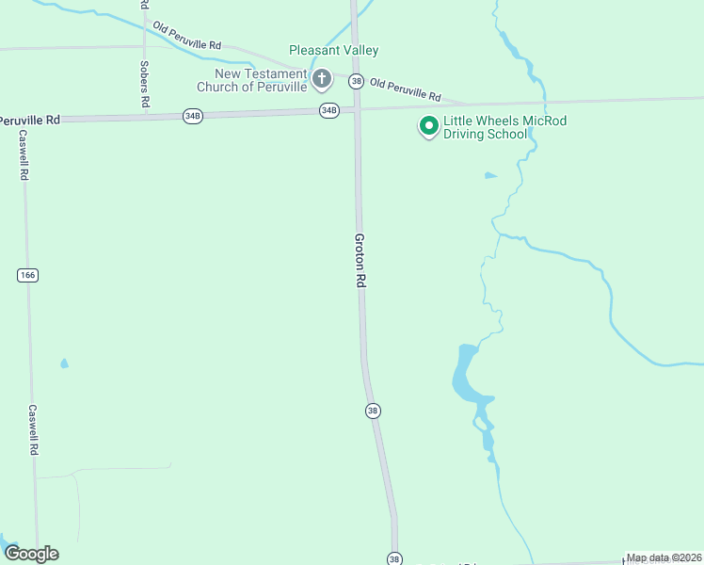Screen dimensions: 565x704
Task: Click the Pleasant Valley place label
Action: coord(333,50)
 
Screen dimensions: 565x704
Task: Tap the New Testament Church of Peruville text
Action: coord(251,80)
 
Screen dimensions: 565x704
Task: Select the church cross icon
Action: coord(322,78)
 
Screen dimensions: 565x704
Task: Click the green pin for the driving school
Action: coord(428,125)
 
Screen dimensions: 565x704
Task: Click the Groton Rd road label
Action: coord(360,261)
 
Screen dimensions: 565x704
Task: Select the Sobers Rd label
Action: coord(144,84)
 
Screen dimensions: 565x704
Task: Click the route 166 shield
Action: coord(26,275)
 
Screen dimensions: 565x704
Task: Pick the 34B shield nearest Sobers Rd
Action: coord(192,116)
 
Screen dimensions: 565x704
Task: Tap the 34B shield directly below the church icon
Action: coord(328,110)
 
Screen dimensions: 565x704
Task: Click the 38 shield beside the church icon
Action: coord(356,81)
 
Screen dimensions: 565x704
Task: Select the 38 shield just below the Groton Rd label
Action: coord(374,411)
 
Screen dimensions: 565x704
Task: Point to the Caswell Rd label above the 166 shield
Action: coord(23,154)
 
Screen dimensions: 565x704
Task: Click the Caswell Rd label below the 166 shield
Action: coord(32,430)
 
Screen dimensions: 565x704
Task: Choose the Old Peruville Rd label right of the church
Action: coord(405,90)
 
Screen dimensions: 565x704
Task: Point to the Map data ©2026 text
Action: coord(664,557)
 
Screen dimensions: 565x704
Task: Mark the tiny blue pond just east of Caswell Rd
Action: coord(64,363)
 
